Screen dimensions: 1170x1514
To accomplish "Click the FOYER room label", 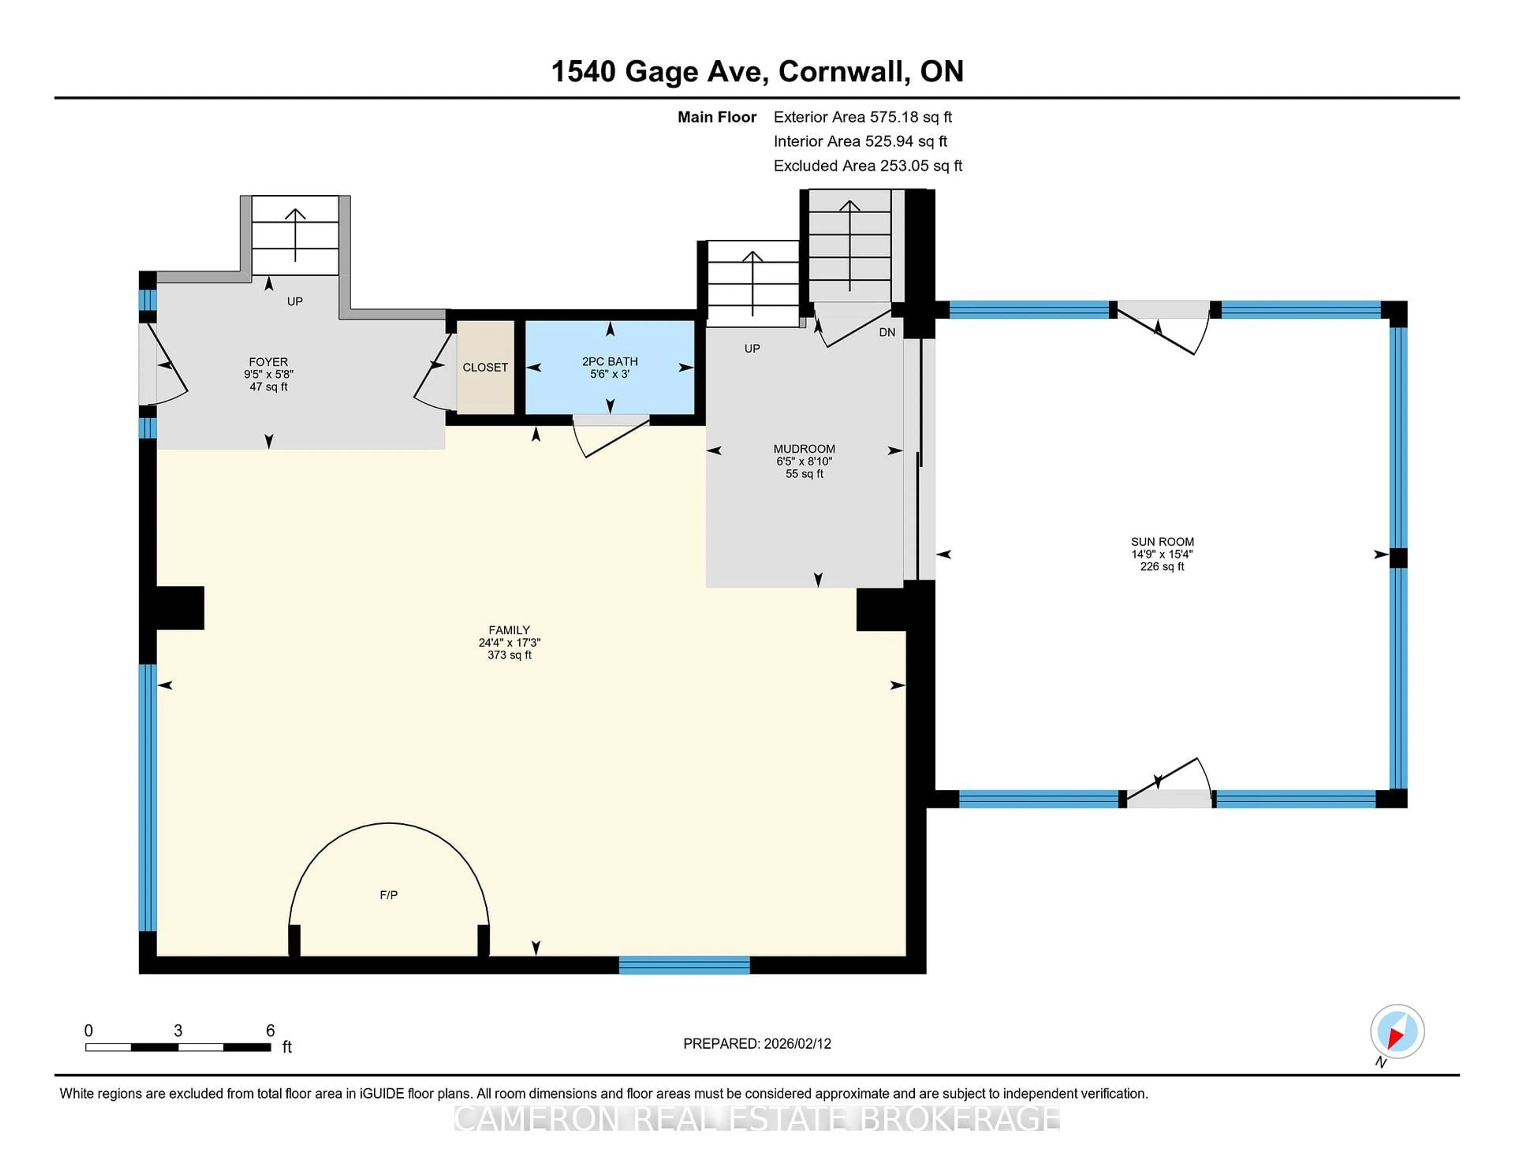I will (x=268, y=362).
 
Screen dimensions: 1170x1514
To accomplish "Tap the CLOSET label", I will (x=485, y=367).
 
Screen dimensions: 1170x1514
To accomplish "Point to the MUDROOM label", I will (x=804, y=449).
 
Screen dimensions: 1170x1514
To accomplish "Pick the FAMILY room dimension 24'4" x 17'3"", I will (x=509, y=643).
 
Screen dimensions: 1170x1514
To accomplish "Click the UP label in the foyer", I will (x=295, y=302).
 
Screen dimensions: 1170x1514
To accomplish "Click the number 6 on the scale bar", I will (x=270, y=1031).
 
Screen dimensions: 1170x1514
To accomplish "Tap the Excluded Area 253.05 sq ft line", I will (x=867, y=166).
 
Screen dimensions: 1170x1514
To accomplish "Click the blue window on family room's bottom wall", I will (x=684, y=965).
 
